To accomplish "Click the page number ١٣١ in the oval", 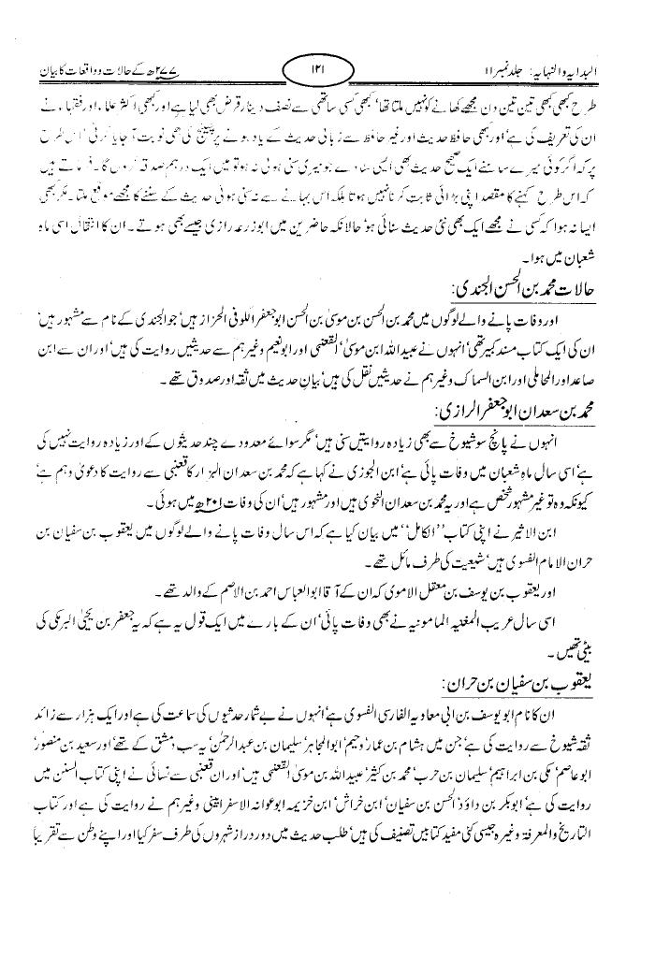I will pyautogui.click(x=317, y=69).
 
